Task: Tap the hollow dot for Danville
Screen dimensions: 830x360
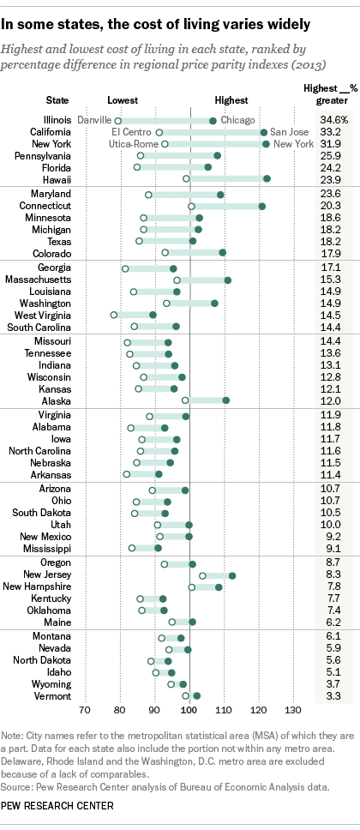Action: click(118, 121)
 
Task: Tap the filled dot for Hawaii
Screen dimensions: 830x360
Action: click(267, 178)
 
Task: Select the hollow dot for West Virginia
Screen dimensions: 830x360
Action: click(114, 315)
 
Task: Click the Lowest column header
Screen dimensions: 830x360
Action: click(119, 100)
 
